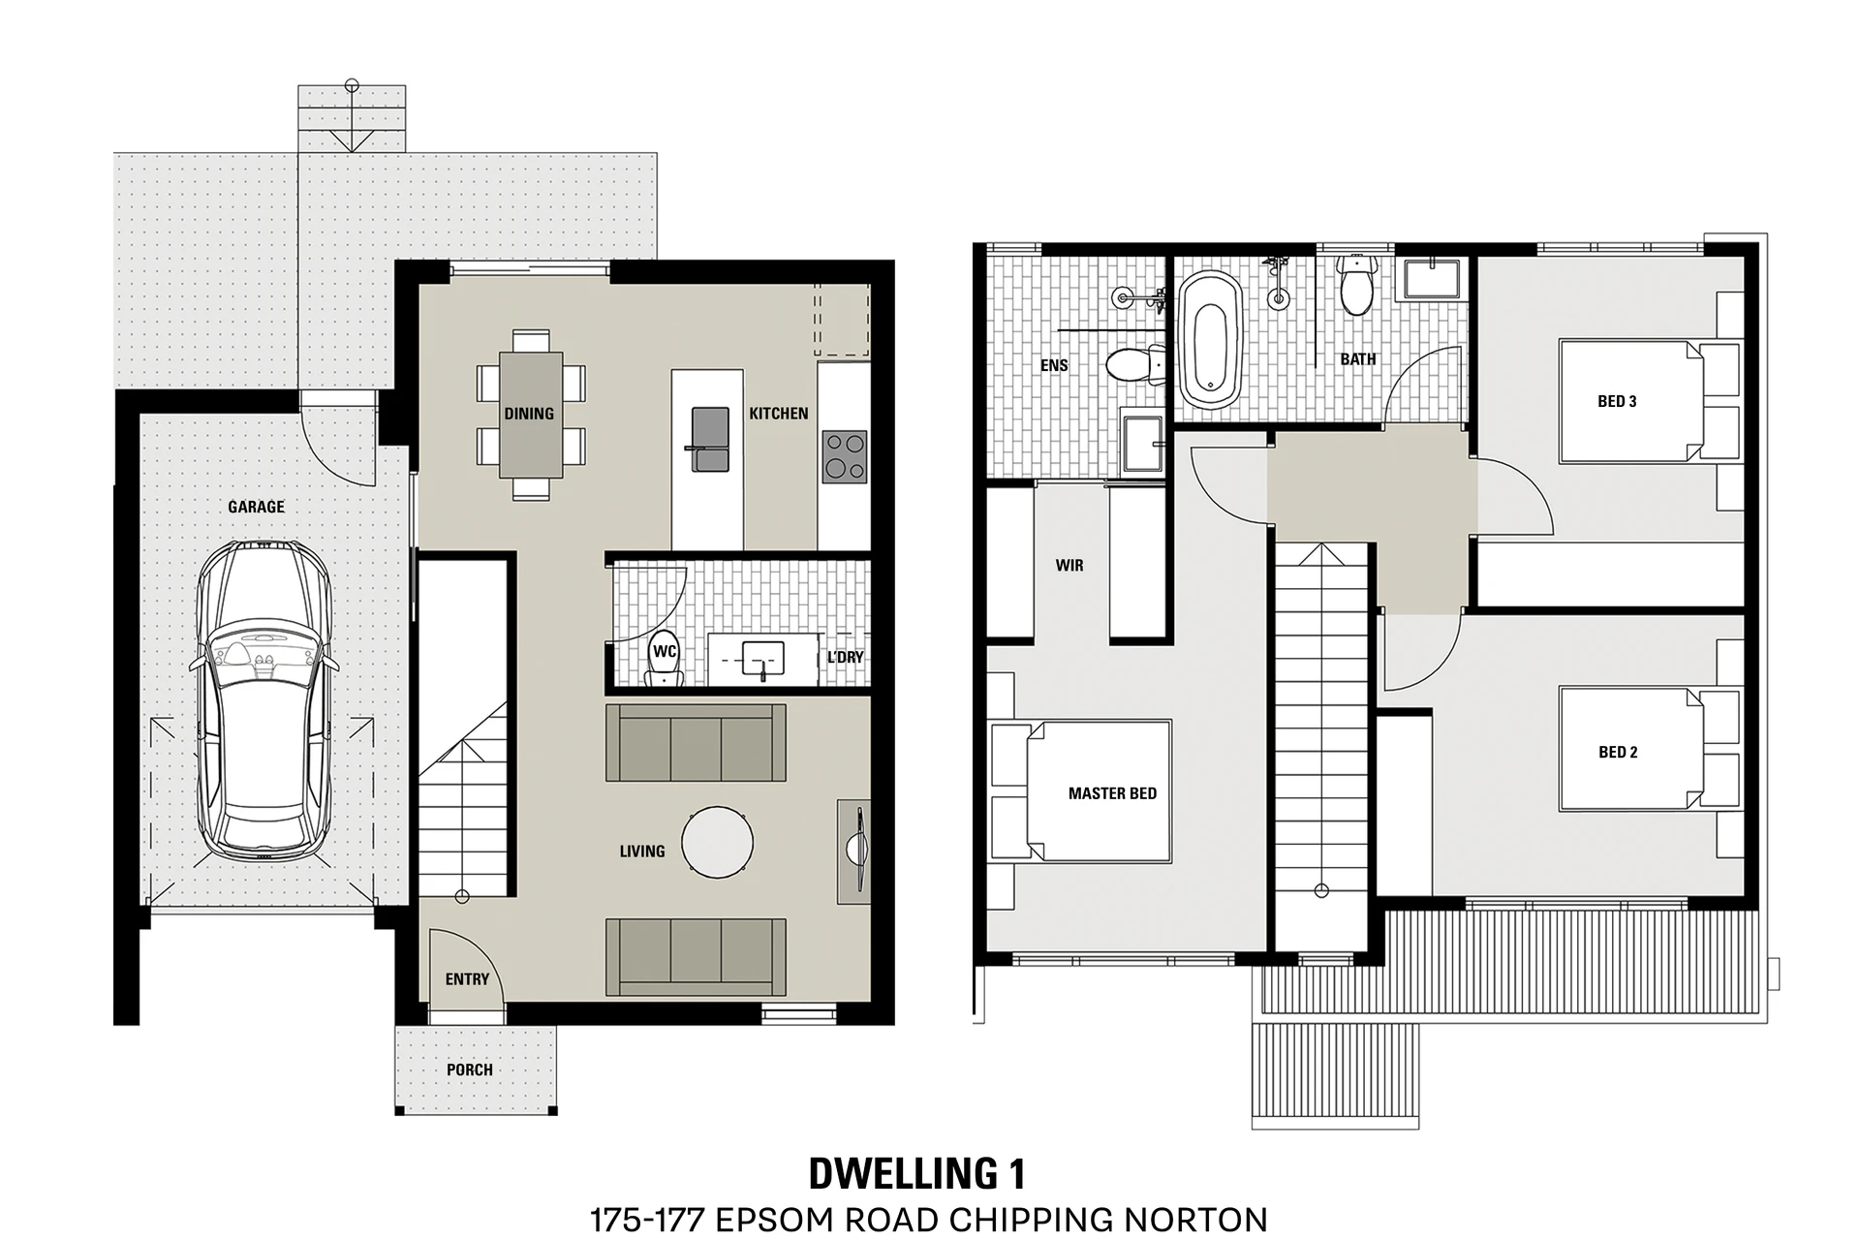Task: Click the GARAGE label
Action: [x=256, y=507]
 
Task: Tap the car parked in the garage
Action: [x=263, y=701]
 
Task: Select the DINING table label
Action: [x=529, y=414]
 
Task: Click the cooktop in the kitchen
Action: [x=844, y=457]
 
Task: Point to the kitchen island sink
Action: [x=710, y=440]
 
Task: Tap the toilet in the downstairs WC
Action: [x=665, y=661]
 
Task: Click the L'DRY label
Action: [x=845, y=657]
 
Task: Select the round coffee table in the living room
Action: [x=717, y=843]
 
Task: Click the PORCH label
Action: [x=470, y=1069]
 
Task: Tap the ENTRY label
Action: [x=467, y=979]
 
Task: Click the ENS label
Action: [x=1054, y=365]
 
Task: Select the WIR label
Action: [x=1069, y=565]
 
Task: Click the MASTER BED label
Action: [x=1112, y=793]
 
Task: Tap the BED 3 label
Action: [x=1617, y=401]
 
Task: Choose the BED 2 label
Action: [x=1618, y=752]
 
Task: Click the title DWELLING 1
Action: [x=916, y=1173]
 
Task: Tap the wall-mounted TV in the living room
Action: [x=857, y=850]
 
